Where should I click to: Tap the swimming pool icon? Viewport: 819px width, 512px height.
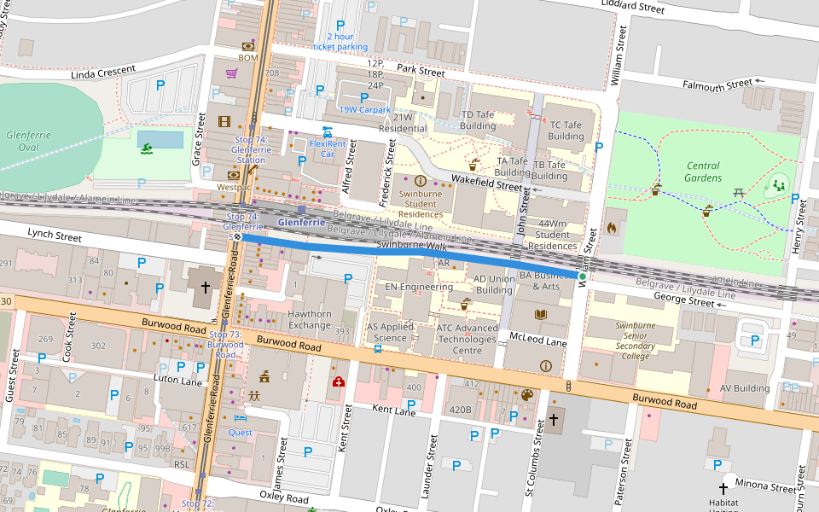pos(148,149)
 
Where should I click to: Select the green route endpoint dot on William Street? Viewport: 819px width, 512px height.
pos(582,276)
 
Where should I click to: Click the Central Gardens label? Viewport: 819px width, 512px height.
pos(702,172)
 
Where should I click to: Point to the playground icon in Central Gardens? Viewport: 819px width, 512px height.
pos(778,183)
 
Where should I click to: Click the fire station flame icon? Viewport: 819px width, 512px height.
pos(611,228)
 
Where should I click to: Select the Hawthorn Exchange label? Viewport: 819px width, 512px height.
pos(310,320)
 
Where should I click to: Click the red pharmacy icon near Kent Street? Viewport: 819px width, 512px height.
pos(339,381)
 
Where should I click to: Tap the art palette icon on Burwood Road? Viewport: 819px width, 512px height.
pos(526,395)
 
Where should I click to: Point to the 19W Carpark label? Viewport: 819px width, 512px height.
pos(364,109)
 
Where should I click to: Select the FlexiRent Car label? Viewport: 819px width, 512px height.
pos(327,148)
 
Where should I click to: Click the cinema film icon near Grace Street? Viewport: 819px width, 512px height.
pos(224,121)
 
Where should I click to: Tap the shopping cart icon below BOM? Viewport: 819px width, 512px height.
pos(231,73)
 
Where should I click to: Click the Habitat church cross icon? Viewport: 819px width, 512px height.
pos(723,488)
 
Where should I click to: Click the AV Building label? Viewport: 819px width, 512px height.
pos(745,388)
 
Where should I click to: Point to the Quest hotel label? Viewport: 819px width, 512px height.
pos(240,432)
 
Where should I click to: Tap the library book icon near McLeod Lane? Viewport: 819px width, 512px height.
pos(540,315)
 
